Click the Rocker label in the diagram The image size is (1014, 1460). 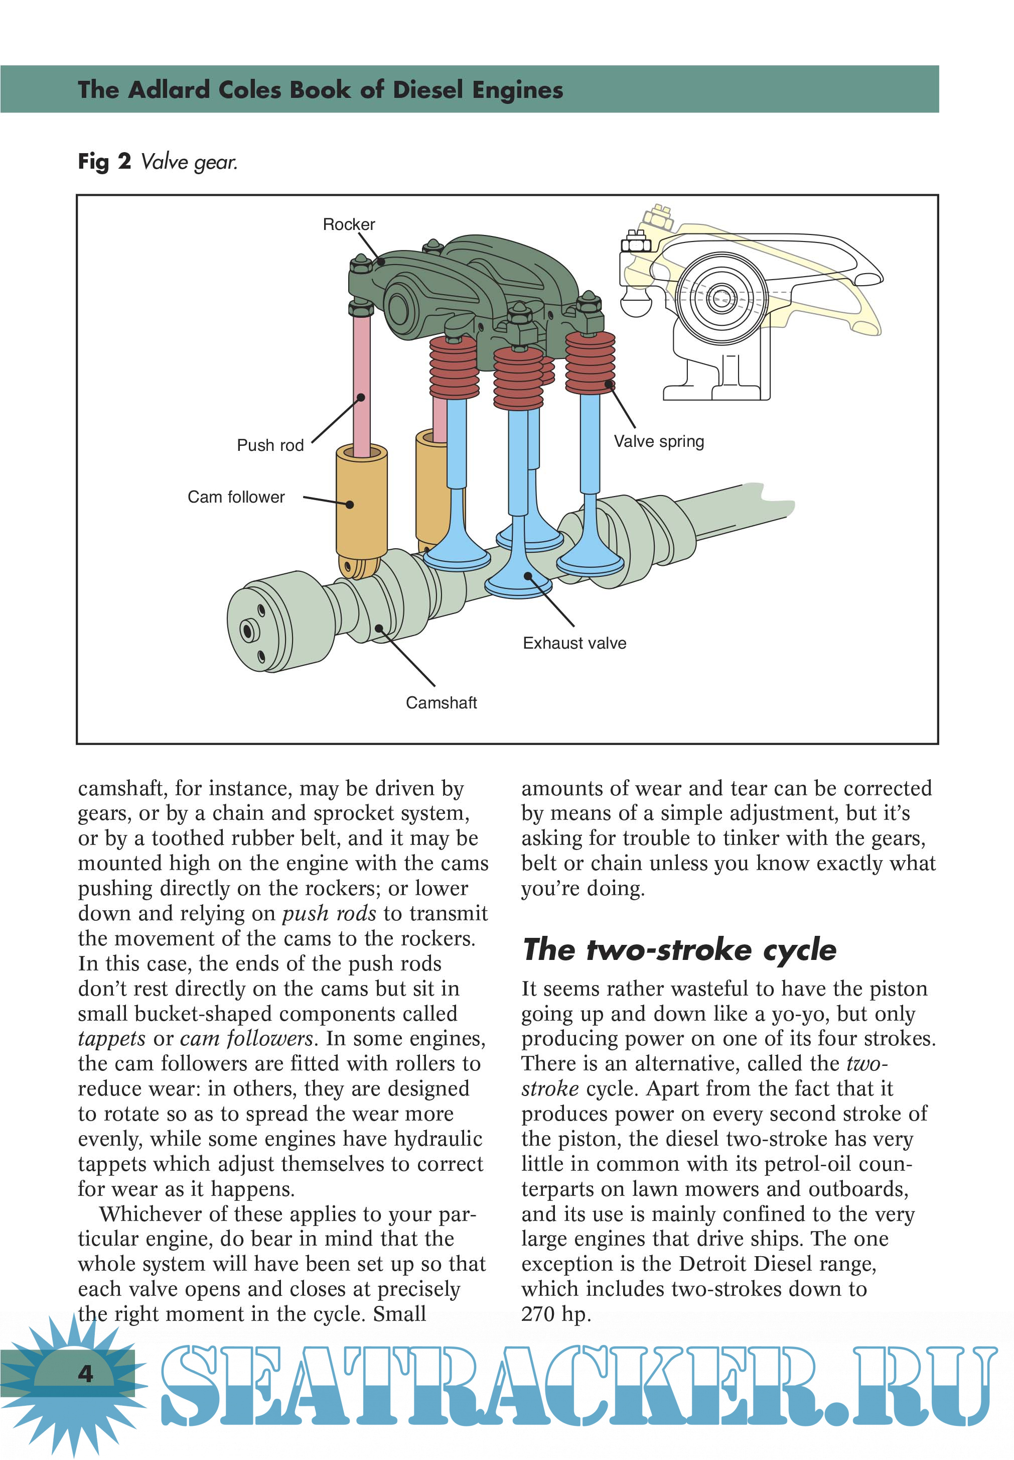point(349,224)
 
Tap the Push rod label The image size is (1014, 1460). point(270,445)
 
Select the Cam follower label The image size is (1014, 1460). point(236,497)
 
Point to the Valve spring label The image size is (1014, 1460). point(659,441)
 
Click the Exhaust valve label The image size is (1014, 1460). point(574,643)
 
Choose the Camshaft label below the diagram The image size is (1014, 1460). point(441,702)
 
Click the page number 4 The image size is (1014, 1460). point(85,1374)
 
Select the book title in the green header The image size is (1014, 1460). point(320,90)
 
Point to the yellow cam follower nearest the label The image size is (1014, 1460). point(362,502)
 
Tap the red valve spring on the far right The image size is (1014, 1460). point(590,362)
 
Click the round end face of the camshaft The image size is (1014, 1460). point(251,629)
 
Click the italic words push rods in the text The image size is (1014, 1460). point(329,913)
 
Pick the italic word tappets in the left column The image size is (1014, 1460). point(112,1039)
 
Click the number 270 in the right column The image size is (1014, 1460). point(539,1314)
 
